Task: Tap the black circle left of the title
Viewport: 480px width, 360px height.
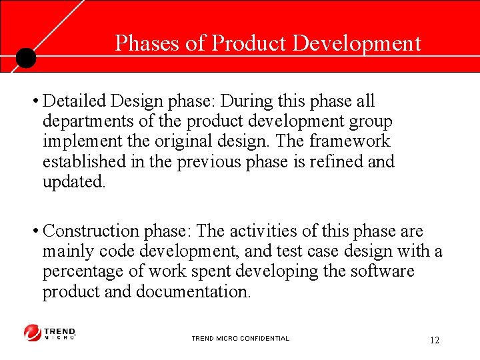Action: (25, 58)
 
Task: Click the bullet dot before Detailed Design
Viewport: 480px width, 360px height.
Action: (33, 102)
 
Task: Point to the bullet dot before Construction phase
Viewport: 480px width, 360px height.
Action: (33, 232)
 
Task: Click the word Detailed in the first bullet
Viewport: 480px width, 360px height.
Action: (74, 101)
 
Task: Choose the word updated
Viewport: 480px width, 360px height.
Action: (73, 182)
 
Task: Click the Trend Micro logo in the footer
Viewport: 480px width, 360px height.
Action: (50, 333)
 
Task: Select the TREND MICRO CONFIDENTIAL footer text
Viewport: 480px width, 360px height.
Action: (240, 339)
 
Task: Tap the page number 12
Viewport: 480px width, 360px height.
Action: (435, 341)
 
